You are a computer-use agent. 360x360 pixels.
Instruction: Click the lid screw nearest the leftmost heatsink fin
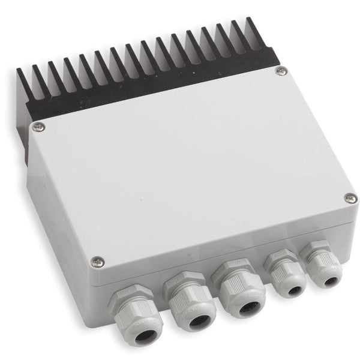(x=38, y=126)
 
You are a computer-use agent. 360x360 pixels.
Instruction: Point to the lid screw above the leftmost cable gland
(x=96, y=261)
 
